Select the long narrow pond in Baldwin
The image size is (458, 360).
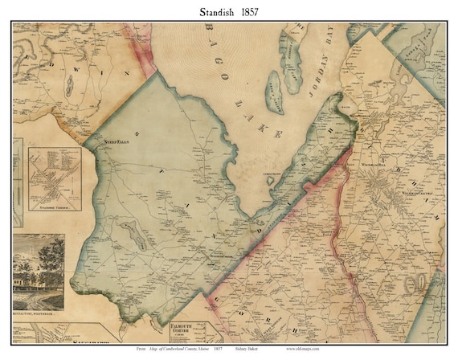coord(69,89)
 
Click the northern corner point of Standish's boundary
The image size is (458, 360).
coord(157,72)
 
